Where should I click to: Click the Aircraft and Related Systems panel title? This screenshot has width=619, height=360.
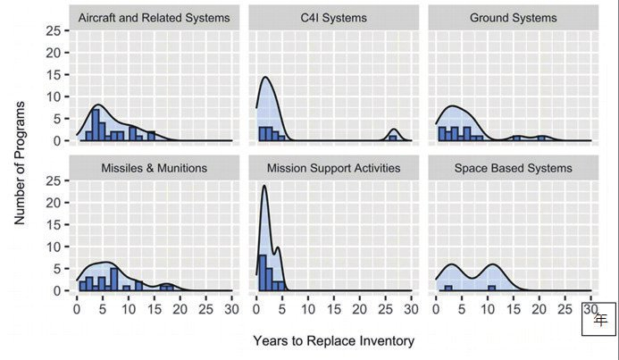click(154, 18)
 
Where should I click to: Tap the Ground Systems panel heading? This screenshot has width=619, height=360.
click(512, 18)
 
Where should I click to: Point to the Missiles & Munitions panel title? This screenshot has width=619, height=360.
click(154, 168)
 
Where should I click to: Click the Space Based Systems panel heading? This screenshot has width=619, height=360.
click(512, 168)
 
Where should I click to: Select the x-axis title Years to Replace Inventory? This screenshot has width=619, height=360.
click(333, 341)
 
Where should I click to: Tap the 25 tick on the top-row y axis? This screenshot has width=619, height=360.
click(55, 30)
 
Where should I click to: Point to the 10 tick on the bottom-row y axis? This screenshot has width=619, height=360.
click(55, 247)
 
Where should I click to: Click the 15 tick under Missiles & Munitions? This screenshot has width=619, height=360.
click(154, 309)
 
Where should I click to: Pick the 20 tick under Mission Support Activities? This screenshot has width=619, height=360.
click(359, 309)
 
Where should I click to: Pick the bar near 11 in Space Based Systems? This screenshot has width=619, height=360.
click(491, 288)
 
